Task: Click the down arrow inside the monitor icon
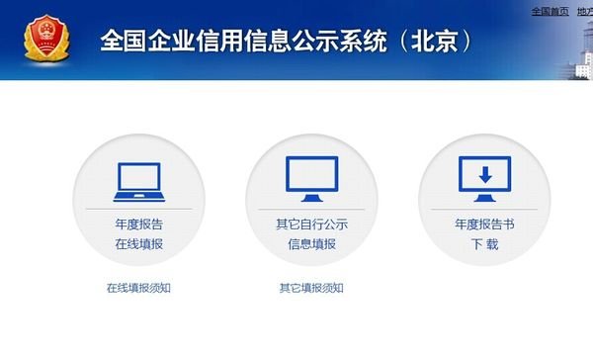point(484,174)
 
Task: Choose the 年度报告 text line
point(138,225)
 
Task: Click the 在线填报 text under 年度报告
point(138,243)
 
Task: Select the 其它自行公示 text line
point(311,225)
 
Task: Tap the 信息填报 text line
point(311,243)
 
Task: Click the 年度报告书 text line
point(484,225)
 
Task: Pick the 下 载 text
point(484,243)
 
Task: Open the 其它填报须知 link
point(311,288)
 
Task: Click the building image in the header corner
point(578,54)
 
